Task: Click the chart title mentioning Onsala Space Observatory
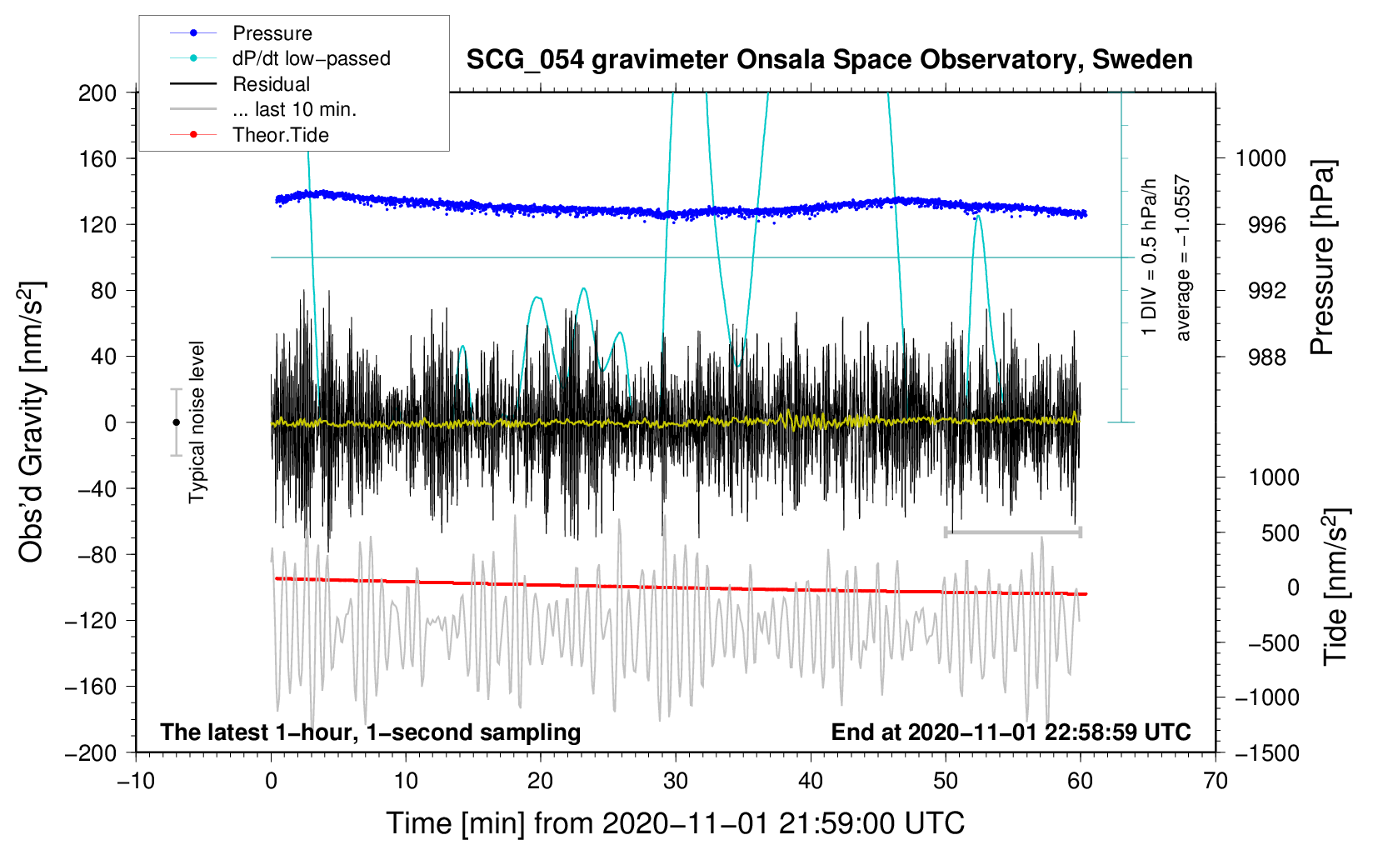coord(829,60)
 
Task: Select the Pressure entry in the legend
coord(272,33)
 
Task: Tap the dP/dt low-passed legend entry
coord(311,58)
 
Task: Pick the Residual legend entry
coord(271,84)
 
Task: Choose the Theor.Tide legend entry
coord(280,135)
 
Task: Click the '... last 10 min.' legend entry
coord(294,109)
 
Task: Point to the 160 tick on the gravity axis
coord(97,158)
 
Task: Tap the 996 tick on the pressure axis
coord(1261,225)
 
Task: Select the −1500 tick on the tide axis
coord(1266,752)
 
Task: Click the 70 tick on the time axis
coord(1216,781)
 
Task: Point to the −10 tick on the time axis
coord(136,781)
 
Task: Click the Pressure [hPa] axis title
coord(1322,258)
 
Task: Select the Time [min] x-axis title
coord(675,823)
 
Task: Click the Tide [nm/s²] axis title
coord(1336,586)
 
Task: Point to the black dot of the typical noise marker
coord(176,422)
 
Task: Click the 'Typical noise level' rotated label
coord(197,422)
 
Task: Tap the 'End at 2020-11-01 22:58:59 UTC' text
coord(1011,732)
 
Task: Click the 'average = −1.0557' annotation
coord(1182,258)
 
